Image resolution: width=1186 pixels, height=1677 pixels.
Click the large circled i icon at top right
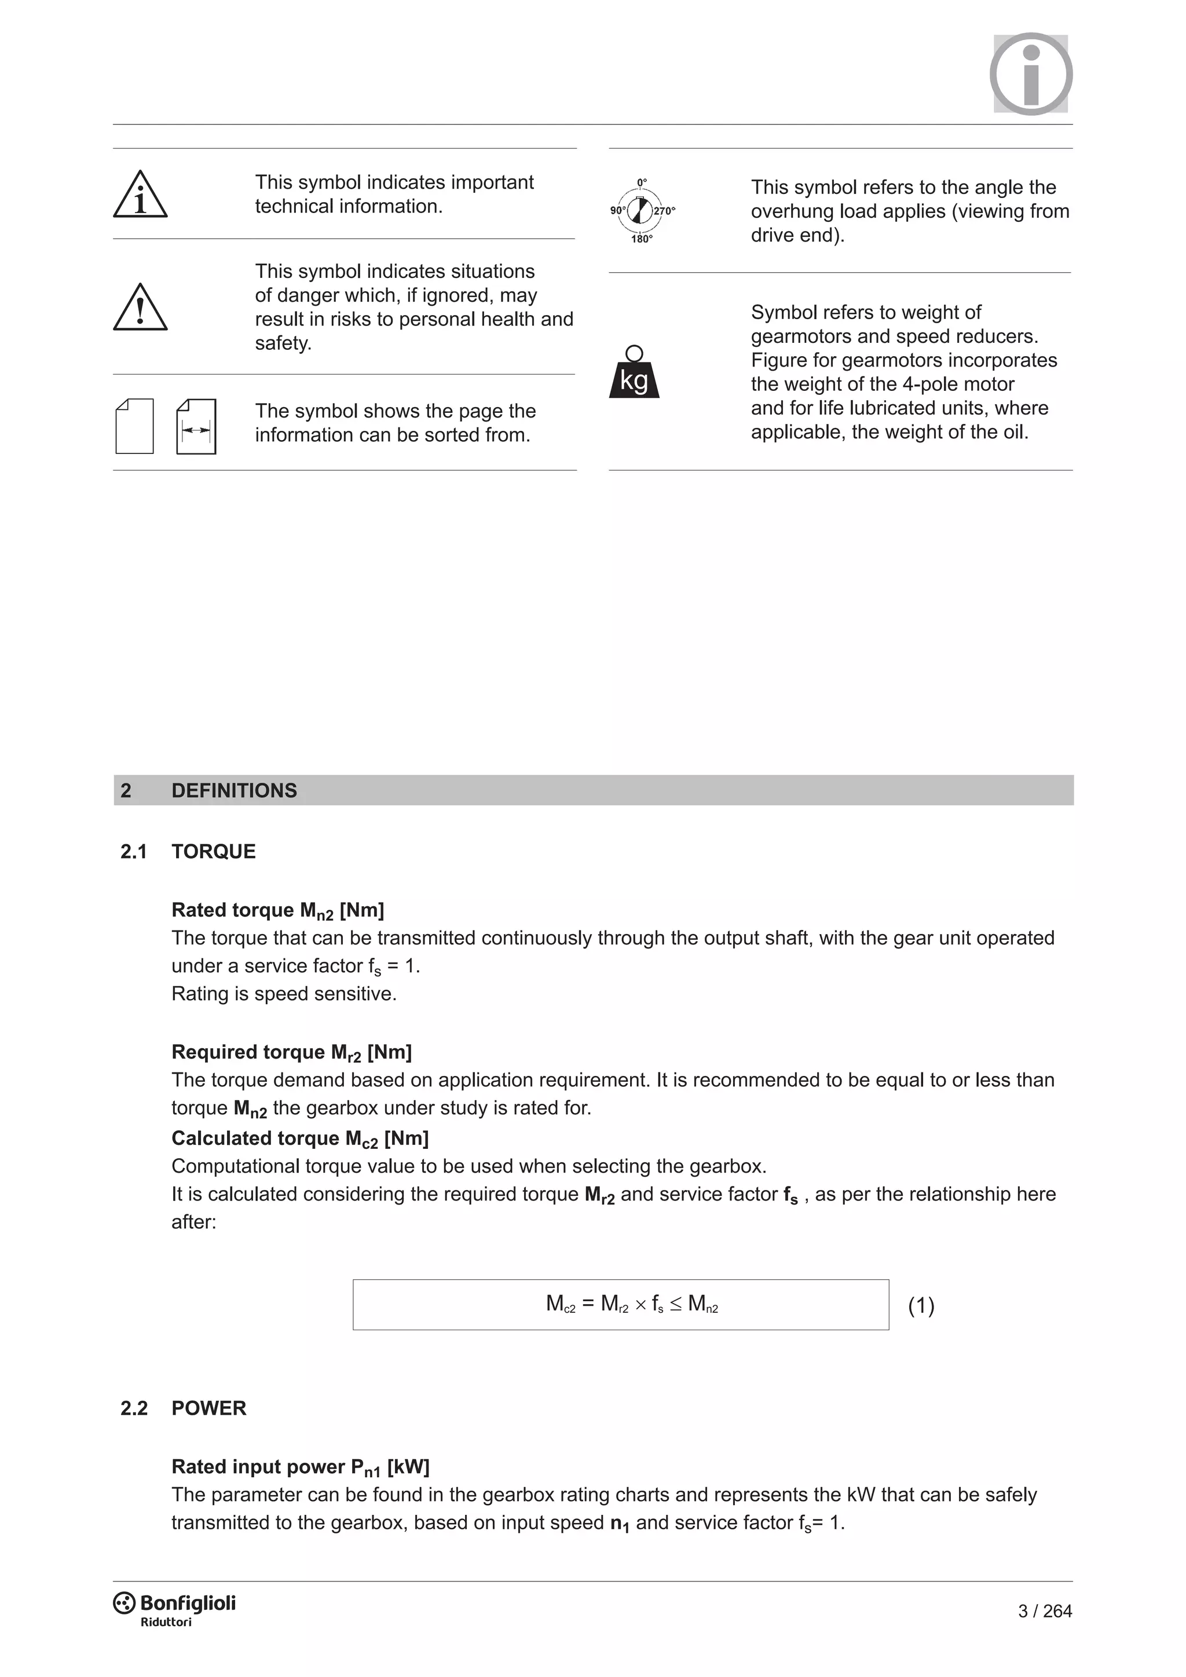tap(1030, 74)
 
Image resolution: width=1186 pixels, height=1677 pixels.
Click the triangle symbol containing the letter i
tap(140, 195)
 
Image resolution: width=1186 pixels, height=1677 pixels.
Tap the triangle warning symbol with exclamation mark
tap(140, 308)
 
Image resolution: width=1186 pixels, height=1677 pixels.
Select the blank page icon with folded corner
tap(134, 427)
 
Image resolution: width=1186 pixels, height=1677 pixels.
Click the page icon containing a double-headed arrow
tap(196, 427)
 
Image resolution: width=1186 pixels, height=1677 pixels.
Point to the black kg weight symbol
tap(634, 374)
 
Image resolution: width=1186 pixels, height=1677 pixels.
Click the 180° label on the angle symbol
tap(642, 239)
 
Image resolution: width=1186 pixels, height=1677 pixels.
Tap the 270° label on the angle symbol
tap(665, 211)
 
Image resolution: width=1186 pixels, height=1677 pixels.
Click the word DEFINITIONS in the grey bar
tap(234, 790)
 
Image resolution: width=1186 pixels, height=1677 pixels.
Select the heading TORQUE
tap(213, 852)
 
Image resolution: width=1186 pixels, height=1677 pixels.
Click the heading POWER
tap(209, 1408)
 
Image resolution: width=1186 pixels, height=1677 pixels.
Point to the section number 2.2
tap(134, 1408)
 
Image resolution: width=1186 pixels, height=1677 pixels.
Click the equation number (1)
tap(921, 1305)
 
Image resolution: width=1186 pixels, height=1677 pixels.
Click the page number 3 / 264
tap(1044, 1611)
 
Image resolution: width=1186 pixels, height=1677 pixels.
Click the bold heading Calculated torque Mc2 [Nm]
tap(299, 1138)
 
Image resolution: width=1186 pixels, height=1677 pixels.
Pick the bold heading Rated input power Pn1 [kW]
tap(300, 1467)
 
